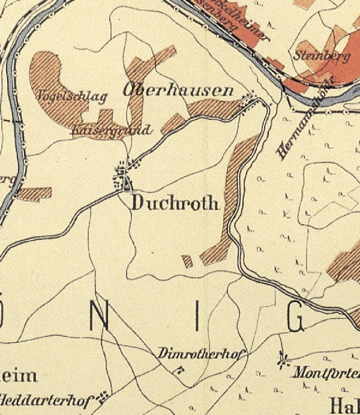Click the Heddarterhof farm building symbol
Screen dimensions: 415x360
click(104, 395)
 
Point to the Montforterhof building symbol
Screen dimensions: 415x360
click(282, 360)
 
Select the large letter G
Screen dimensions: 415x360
click(296, 318)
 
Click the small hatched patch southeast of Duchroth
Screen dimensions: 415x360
click(188, 261)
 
